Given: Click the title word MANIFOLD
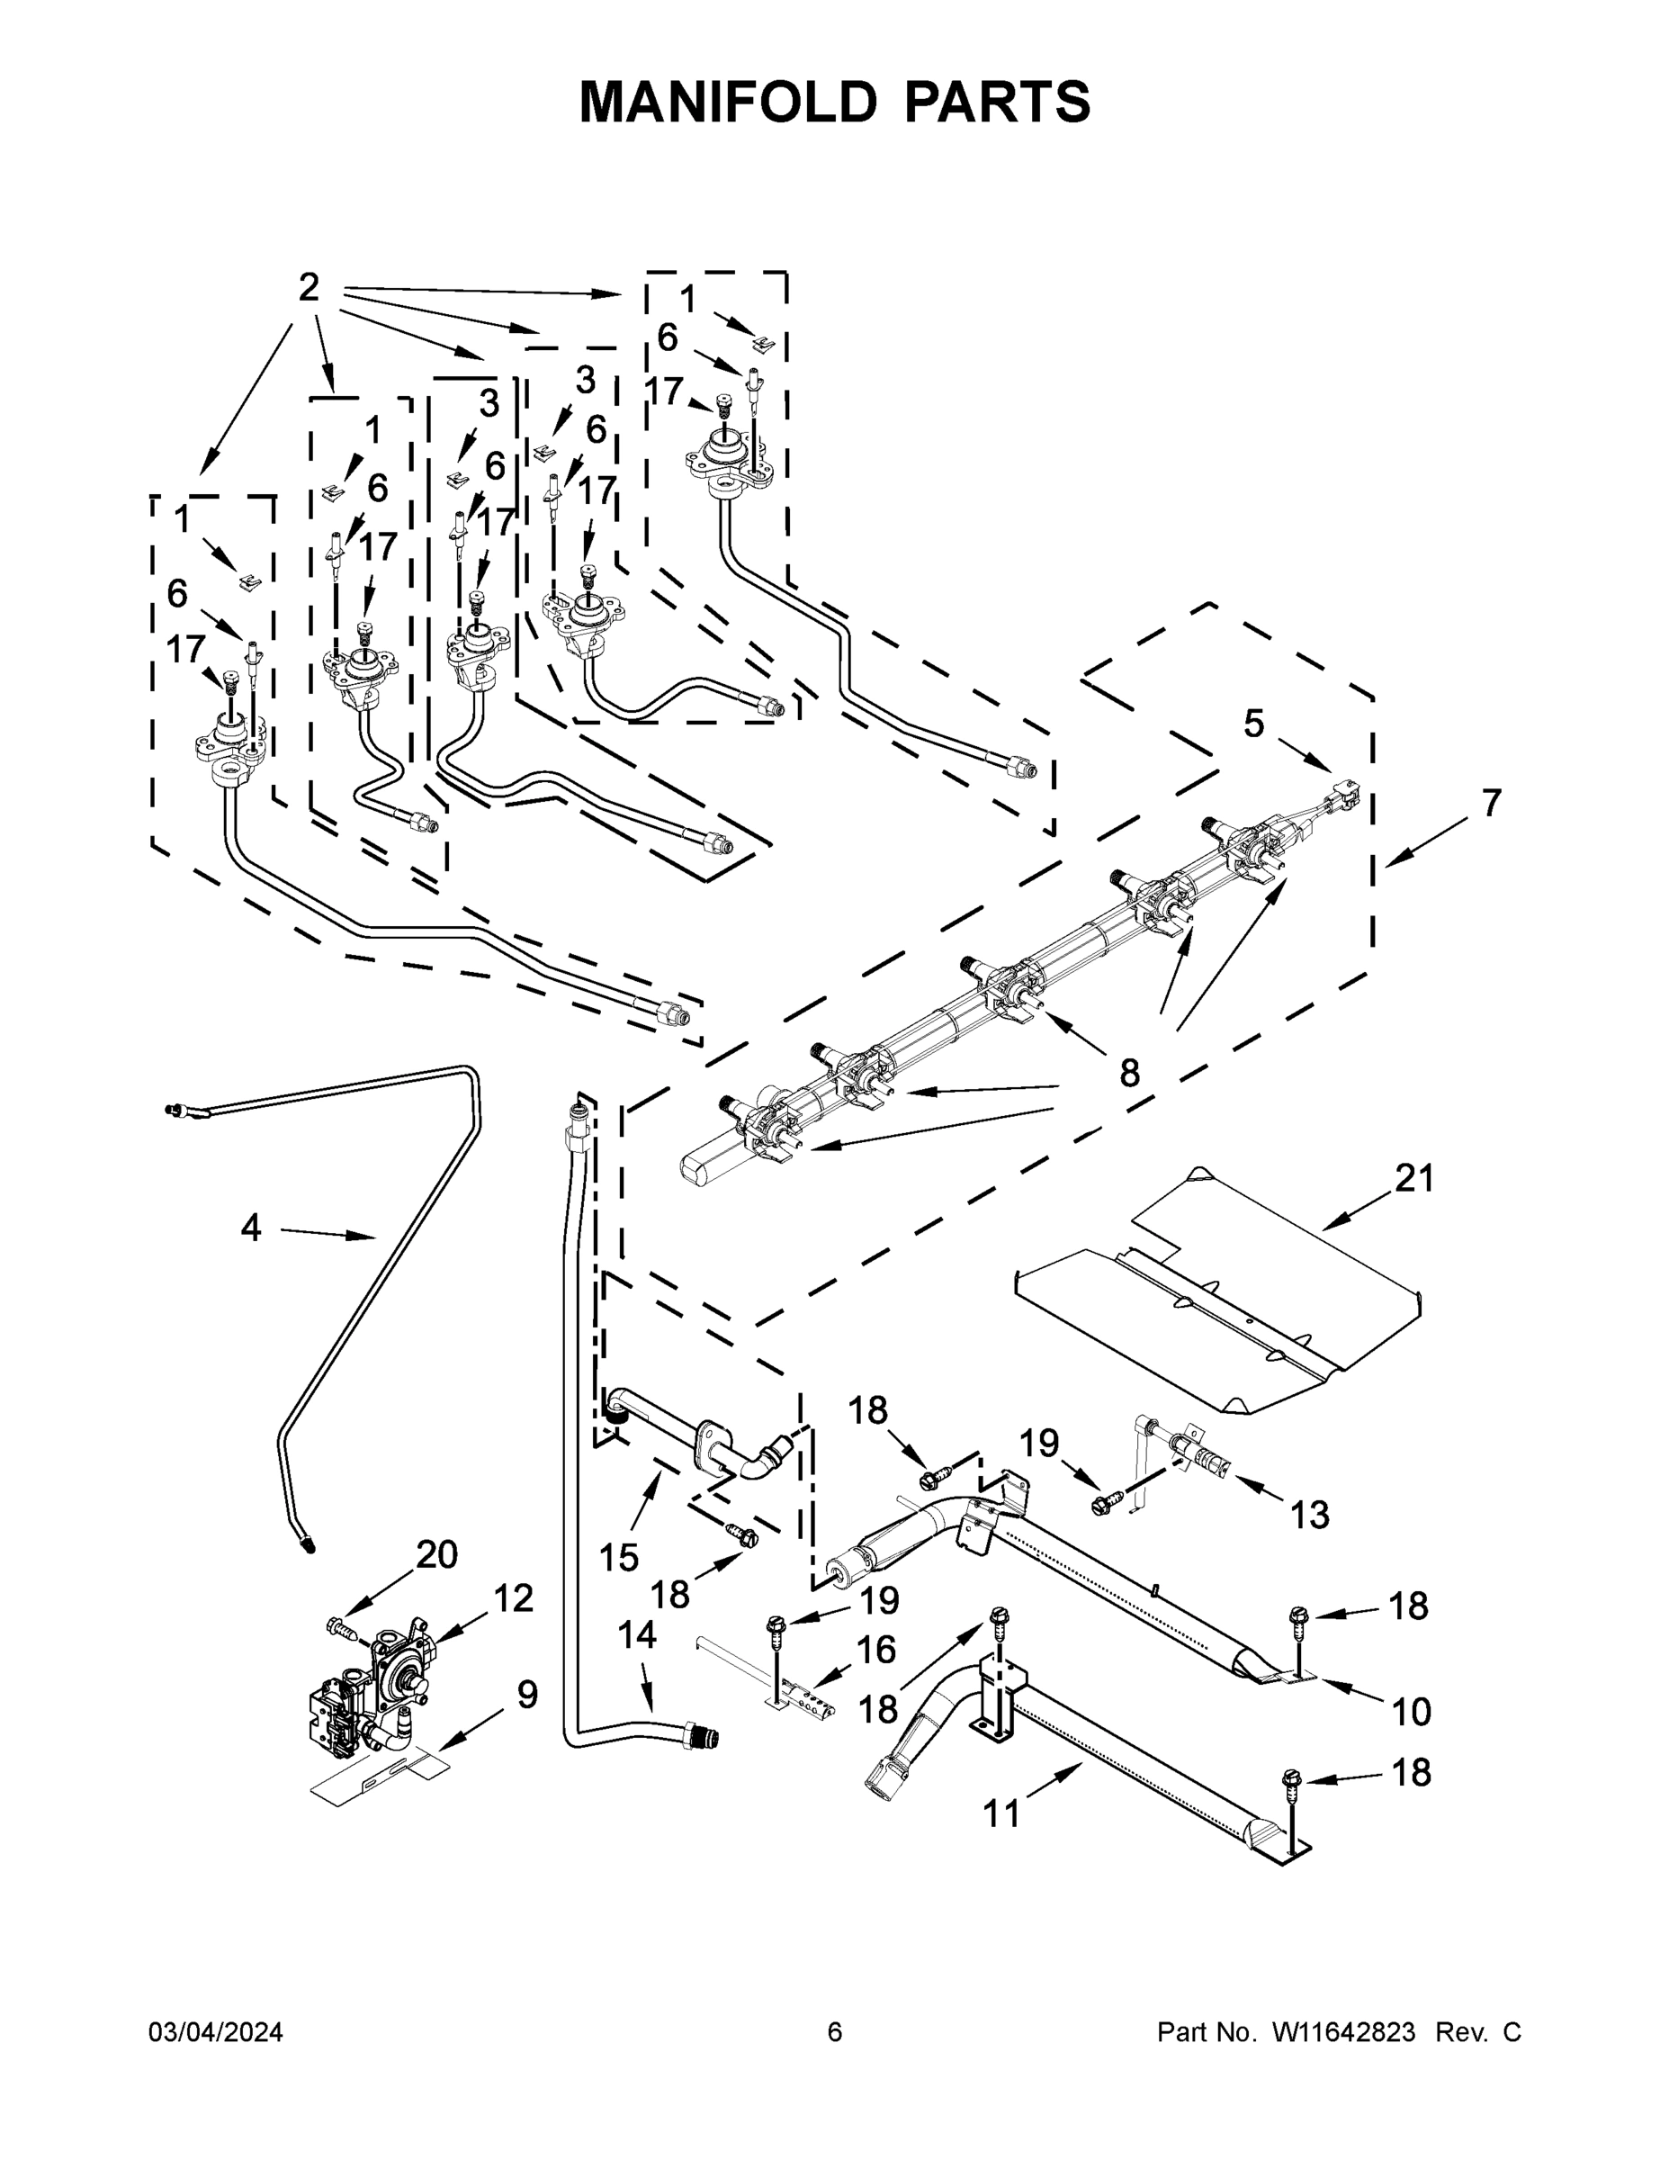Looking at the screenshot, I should [728, 101].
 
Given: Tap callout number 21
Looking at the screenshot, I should [1413, 1178].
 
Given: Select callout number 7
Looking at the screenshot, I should [1491, 802].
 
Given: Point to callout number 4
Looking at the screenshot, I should [251, 1228].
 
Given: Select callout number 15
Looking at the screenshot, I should [619, 1558].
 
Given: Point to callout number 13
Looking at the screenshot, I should [1309, 1513].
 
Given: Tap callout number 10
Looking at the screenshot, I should [1411, 1711].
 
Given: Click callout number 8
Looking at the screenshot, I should [1129, 1072].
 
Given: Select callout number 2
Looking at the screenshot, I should [309, 288].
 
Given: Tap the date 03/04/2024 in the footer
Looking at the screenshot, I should [216, 2031].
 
